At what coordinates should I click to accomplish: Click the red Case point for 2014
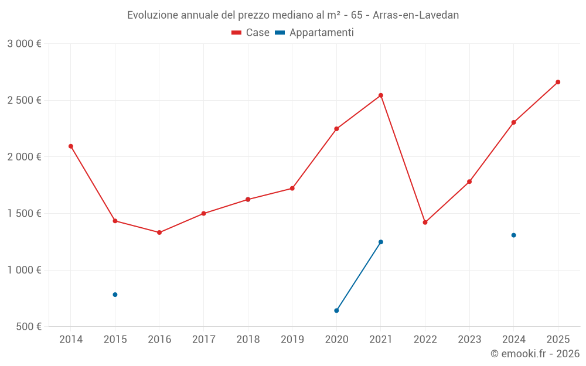(71, 146)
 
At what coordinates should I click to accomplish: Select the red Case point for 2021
(381, 95)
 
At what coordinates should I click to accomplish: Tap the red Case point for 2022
(425, 223)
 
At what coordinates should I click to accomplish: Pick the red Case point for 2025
(558, 82)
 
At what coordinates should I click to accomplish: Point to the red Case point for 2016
(159, 232)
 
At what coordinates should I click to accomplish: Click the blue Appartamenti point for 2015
(115, 295)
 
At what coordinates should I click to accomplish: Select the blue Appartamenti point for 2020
(336, 310)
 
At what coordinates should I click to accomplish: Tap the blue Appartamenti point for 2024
(513, 235)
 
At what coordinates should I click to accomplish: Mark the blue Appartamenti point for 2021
(381, 242)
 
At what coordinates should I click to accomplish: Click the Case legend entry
(251, 33)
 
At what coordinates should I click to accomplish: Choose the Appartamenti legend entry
(315, 33)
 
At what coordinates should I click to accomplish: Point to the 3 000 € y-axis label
(24, 44)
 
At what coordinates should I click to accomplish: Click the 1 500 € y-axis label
(24, 214)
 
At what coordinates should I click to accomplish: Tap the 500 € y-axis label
(28, 327)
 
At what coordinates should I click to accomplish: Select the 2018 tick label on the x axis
(248, 339)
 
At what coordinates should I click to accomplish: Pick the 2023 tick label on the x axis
(469, 339)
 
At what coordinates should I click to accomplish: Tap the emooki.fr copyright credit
(535, 354)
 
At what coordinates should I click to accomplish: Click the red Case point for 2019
(292, 189)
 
